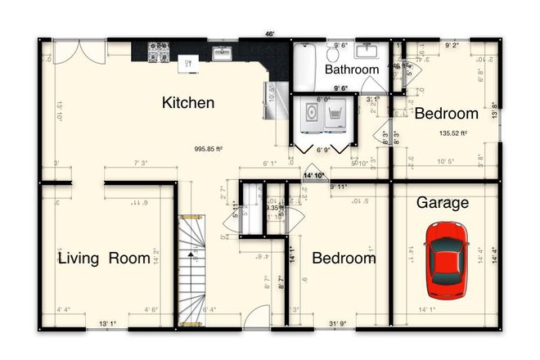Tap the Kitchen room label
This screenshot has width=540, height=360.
tap(188, 103)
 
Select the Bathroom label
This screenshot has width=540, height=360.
tap(352, 70)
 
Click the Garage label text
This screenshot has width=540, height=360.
tap(443, 202)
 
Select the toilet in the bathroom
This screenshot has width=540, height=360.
tap(334, 53)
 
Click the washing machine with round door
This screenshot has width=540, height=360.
tap(312, 117)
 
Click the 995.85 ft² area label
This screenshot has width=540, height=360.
tap(209, 149)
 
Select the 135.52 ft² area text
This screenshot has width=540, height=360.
tap(452, 133)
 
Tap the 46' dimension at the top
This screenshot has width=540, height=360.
tap(269, 34)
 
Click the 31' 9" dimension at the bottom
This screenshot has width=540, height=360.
tap(338, 325)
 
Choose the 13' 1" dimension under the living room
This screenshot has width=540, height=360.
tap(106, 325)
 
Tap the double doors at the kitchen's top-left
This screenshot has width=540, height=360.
tap(79, 51)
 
